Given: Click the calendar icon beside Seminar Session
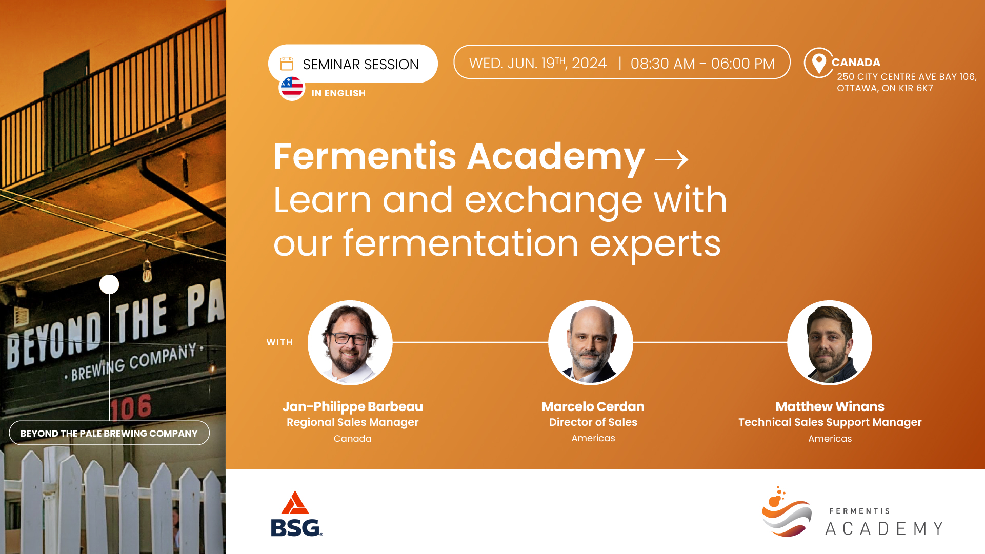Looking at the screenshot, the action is pyautogui.click(x=287, y=64).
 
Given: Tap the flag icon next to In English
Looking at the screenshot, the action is pyautogui.click(x=292, y=88).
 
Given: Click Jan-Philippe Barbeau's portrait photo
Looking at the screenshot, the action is pyautogui.click(x=350, y=342).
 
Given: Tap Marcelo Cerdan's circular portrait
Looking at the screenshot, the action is pyautogui.click(x=591, y=342).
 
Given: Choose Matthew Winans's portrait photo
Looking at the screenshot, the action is pyautogui.click(x=830, y=342).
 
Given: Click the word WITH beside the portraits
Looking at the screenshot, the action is pyautogui.click(x=279, y=342).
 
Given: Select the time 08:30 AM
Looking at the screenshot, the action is pyautogui.click(x=662, y=64).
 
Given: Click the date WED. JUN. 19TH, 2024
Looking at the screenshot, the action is pyautogui.click(x=538, y=63).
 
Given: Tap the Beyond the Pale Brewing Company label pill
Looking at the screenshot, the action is pyautogui.click(x=109, y=433).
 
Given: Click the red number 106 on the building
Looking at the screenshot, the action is pyautogui.click(x=131, y=408).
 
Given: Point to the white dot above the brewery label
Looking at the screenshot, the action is pyautogui.click(x=109, y=284).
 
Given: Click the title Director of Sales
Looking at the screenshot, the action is pyautogui.click(x=593, y=422).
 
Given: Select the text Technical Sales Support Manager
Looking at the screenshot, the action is pyautogui.click(x=830, y=423).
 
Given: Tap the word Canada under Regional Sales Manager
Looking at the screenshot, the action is pyautogui.click(x=353, y=439).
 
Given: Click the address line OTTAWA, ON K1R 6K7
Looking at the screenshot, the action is pyautogui.click(x=885, y=88).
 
